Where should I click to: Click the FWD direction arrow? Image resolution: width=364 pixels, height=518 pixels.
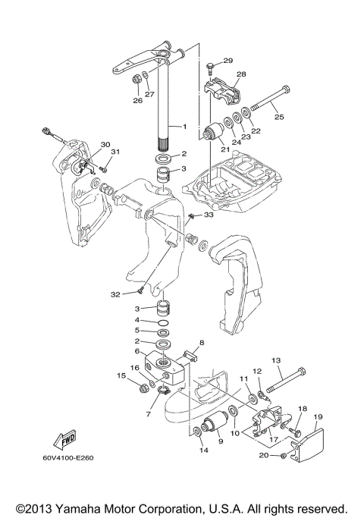click(x=65, y=440)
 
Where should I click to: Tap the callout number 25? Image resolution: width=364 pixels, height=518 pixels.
click(x=279, y=117)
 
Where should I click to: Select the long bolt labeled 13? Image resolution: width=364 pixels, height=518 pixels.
click(x=286, y=380)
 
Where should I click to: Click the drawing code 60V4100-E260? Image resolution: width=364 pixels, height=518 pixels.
click(x=68, y=458)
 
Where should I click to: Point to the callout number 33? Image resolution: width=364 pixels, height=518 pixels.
click(x=209, y=215)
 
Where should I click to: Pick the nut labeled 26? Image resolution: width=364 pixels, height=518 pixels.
click(x=136, y=80)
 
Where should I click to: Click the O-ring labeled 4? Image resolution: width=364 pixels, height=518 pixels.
click(x=164, y=322)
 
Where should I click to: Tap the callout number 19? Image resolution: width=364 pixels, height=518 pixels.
click(x=318, y=417)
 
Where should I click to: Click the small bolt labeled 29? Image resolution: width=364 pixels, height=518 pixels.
click(x=210, y=67)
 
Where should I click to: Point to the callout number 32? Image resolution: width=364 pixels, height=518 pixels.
click(x=115, y=294)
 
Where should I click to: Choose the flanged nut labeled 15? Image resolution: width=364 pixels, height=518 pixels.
click(x=143, y=388)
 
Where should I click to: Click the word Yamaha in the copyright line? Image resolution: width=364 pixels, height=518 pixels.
click(x=77, y=508)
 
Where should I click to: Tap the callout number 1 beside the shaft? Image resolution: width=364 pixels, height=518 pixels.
click(x=185, y=126)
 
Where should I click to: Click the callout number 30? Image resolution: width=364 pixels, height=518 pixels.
click(x=105, y=145)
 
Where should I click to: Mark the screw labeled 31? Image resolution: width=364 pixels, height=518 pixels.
click(x=104, y=169)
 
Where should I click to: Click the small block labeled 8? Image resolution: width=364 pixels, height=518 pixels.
click(x=190, y=356)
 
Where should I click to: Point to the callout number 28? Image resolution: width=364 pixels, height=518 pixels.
click(x=241, y=74)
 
